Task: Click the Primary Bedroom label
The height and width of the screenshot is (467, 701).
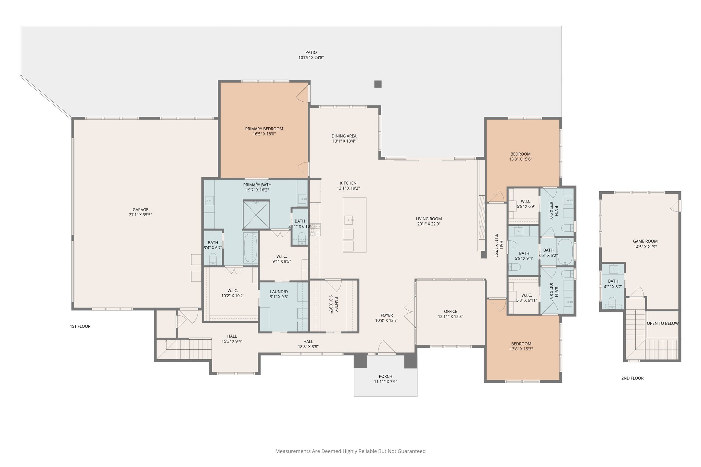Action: click(264, 129)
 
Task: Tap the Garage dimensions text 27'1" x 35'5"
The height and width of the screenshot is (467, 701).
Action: click(140, 215)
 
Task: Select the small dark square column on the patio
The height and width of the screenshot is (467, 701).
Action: click(378, 84)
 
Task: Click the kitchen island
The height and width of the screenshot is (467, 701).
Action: click(354, 225)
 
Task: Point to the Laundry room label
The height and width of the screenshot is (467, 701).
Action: click(279, 292)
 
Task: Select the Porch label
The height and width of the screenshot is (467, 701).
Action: click(385, 376)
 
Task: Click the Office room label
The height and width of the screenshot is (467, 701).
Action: click(450, 311)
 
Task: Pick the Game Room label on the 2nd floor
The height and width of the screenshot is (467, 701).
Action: click(645, 241)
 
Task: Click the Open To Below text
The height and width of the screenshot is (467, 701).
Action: click(663, 323)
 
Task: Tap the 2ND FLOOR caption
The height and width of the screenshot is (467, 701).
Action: click(632, 378)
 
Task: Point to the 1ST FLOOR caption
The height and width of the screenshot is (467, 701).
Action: click(80, 326)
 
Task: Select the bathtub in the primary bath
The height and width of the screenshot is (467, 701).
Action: click(250, 248)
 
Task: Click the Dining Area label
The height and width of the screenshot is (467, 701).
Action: click(344, 136)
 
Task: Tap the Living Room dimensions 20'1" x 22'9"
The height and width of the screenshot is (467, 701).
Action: click(429, 224)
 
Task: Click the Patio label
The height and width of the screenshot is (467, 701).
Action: click(311, 53)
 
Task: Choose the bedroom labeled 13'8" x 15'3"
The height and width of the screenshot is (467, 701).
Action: click(521, 346)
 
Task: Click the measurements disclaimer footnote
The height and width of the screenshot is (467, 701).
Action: click(350, 451)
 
